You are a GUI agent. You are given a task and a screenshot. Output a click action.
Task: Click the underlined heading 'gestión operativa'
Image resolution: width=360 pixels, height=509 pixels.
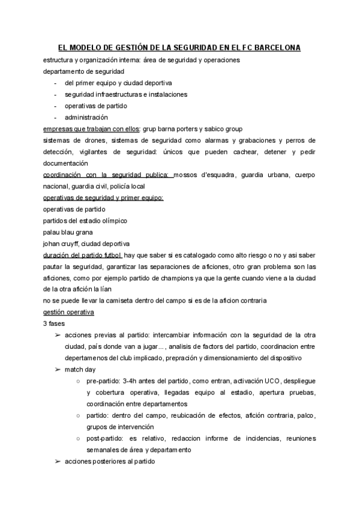[x=68, y=312]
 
